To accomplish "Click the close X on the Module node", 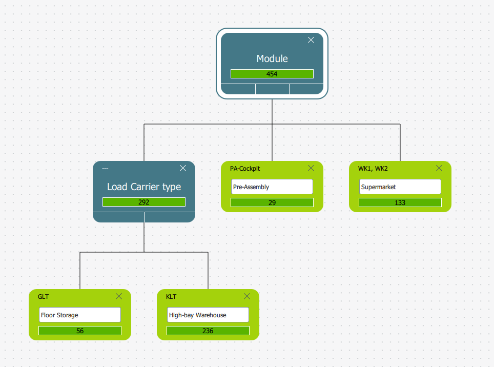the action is [311, 40].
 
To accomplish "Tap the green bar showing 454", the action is [272, 74].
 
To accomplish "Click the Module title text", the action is [272, 58].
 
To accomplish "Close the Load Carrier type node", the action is [183, 168].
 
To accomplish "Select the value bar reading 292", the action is [144, 202].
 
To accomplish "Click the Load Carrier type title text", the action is [144, 187].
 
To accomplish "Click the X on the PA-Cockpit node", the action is [311, 168].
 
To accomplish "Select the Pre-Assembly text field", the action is [272, 187].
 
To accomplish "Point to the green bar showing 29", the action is [272, 202].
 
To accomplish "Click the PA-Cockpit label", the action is [245, 169].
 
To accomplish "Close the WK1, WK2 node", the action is [439, 168].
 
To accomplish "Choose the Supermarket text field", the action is [400, 187].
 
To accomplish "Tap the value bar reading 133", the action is [400, 202].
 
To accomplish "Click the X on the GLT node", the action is [119, 296].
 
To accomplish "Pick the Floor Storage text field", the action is [80, 315].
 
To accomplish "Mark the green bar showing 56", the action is [80, 331].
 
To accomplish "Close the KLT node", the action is [247, 296].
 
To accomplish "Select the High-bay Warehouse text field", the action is [208, 315].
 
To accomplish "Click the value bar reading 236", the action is [208, 331].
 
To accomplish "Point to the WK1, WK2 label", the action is [373, 169].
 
